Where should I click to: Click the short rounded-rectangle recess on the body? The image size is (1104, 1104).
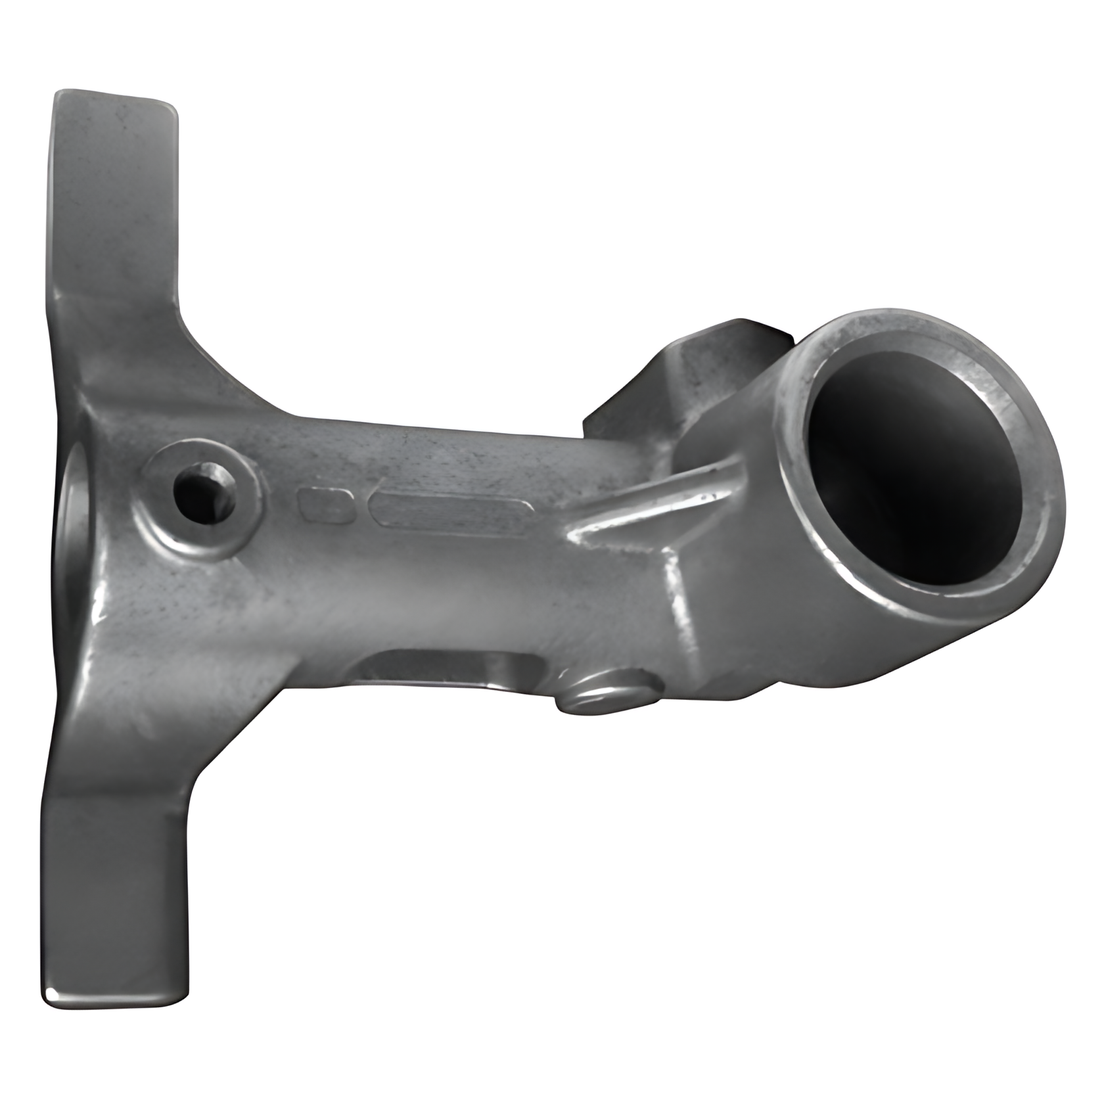coord(327,505)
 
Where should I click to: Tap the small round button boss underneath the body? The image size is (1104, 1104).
coord(608,693)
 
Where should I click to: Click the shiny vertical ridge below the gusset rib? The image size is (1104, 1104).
coord(680,605)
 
